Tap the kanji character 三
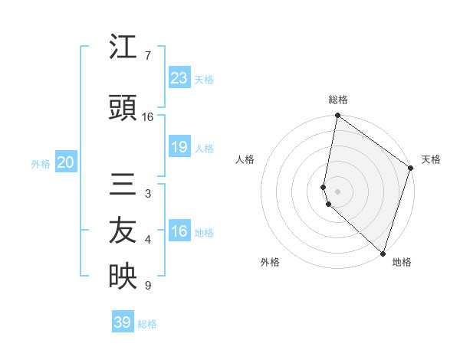[123, 185]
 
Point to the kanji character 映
[123, 277]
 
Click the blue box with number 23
[179, 77]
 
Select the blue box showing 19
[179, 147]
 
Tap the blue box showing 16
[179, 231]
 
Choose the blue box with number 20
[65, 162]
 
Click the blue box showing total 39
[122, 322]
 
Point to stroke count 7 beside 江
[147, 56]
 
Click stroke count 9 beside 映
[147, 286]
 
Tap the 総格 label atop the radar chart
[338, 100]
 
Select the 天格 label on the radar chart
[431, 159]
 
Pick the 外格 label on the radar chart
[270, 262]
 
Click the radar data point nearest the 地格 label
[383, 253]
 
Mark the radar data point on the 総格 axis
[337, 116]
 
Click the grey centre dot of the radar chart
[338, 191]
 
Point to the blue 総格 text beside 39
[148, 324]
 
